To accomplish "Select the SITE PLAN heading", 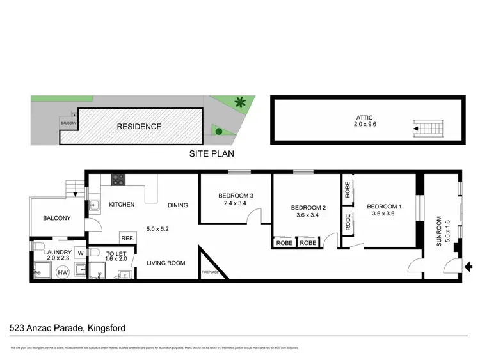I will pyautogui.click(x=212, y=153).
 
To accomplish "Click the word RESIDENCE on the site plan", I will pyautogui.click(x=139, y=127).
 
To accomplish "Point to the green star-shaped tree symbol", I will pyautogui.click(x=241, y=102).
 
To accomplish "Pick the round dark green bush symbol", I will pyautogui.click(x=219, y=132).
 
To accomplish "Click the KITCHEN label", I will pyautogui.click(x=122, y=205).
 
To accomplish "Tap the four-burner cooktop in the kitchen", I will pyautogui.click(x=118, y=180).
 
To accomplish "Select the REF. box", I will pyautogui.click(x=127, y=239).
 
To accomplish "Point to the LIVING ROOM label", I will pyautogui.click(x=166, y=263).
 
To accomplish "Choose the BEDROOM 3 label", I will pyautogui.click(x=236, y=195).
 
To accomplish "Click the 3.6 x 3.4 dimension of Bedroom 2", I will pyautogui.click(x=309, y=216).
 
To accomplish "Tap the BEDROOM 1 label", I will pyautogui.click(x=385, y=207).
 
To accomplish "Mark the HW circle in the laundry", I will pyautogui.click(x=63, y=273).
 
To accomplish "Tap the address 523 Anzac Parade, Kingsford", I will pyautogui.click(x=68, y=328).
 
